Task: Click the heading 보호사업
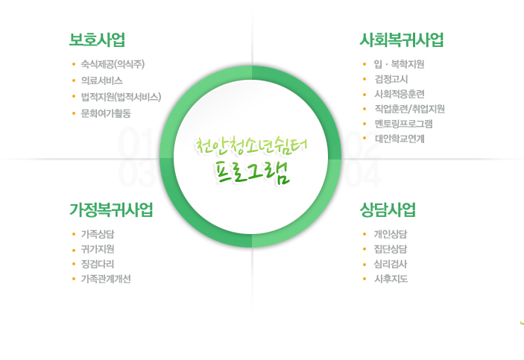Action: pos(97,40)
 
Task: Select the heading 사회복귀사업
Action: pos(402,40)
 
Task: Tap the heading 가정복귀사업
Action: pos(111,209)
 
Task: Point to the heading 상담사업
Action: pos(388,209)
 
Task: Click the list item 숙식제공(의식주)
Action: pos(113,64)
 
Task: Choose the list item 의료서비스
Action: pos(101,80)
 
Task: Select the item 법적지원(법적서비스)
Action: pos(121,97)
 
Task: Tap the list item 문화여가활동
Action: pos(106,113)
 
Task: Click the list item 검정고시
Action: pos(391,79)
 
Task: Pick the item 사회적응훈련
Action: pos(400,94)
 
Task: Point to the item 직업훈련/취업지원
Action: pos(409,109)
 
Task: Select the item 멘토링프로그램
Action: pos(403,124)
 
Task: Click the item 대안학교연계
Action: pos(400,139)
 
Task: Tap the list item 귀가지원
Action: pos(97,249)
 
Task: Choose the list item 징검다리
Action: pos(97,264)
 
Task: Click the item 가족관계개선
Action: pos(106,279)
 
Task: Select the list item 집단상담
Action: pos(391,249)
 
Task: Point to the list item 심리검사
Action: pos(391,264)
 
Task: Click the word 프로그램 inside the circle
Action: pos(252,172)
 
